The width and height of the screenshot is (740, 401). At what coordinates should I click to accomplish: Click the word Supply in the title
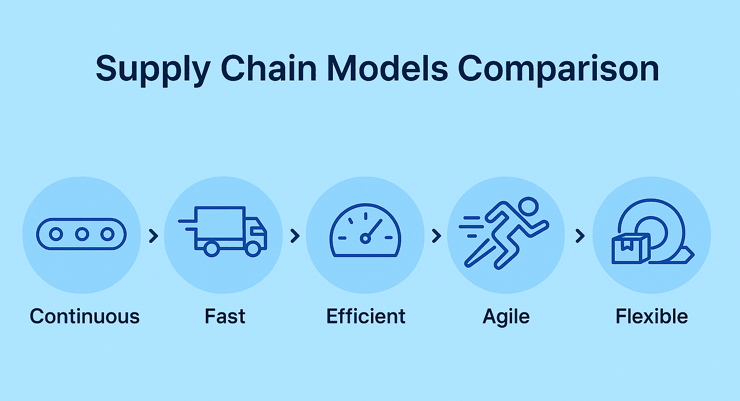pos(152,69)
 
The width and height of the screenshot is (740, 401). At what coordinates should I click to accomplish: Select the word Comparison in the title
pos(558,69)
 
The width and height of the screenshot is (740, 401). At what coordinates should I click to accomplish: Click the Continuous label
pos(85,317)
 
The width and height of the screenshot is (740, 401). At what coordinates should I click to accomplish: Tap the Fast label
pos(225,317)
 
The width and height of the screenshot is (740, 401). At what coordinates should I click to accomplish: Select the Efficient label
pos(366,317)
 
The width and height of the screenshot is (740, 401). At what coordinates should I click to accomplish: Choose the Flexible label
pos(651,317)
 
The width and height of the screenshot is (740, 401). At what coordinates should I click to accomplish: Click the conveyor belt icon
pos(81,234)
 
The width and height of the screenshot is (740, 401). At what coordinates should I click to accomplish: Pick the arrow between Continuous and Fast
pos(153,236)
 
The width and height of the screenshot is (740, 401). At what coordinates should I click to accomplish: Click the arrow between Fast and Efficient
pos(295,236)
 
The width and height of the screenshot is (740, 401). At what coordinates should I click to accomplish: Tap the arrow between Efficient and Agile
pos(436,236)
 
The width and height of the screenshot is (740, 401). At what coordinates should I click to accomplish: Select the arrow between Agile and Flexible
pos(580,236)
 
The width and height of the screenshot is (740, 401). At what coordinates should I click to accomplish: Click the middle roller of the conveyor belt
pos(82,235)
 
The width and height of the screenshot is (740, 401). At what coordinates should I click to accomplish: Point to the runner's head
pos(529,207)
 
